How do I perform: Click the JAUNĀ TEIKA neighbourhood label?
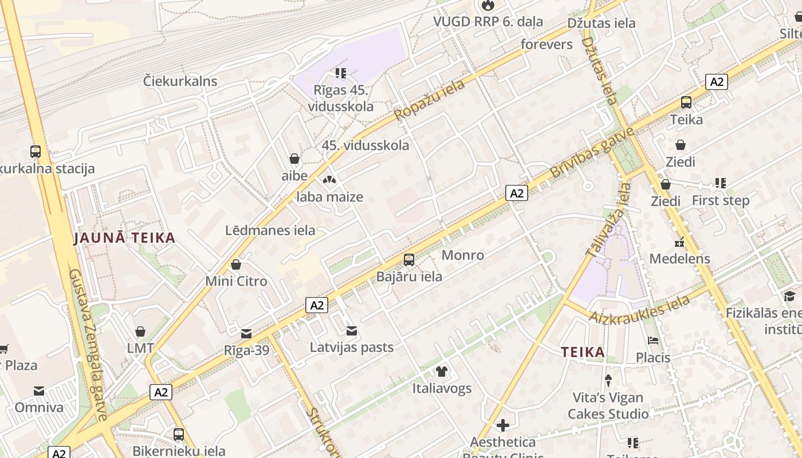(x=124, y=238)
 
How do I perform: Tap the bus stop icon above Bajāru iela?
(x=409, y=260)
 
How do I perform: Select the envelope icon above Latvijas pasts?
(x=352, y=331)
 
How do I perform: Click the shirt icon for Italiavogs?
(x=442, y=372)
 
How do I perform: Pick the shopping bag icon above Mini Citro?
(x=236, y=264)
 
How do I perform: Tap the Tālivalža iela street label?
(x=607, y=220)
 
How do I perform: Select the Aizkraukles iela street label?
(x=639, y=310)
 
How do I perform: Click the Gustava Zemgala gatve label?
(x=88, y=344)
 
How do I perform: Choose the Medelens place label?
(x=679, y=259)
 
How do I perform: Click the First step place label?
(x=720, y=200)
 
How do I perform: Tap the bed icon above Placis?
(x=653, y=341)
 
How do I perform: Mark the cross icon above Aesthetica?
(x=503, y=425)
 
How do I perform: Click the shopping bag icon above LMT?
(x=140, y=331)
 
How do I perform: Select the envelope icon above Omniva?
(x=39, y=391)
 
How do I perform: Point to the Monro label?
(x=463, y=255)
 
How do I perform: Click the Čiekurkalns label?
(x=180, y=81)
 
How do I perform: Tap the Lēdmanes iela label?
(x=270, y=231)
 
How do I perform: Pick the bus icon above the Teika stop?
(x=686, y=103)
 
